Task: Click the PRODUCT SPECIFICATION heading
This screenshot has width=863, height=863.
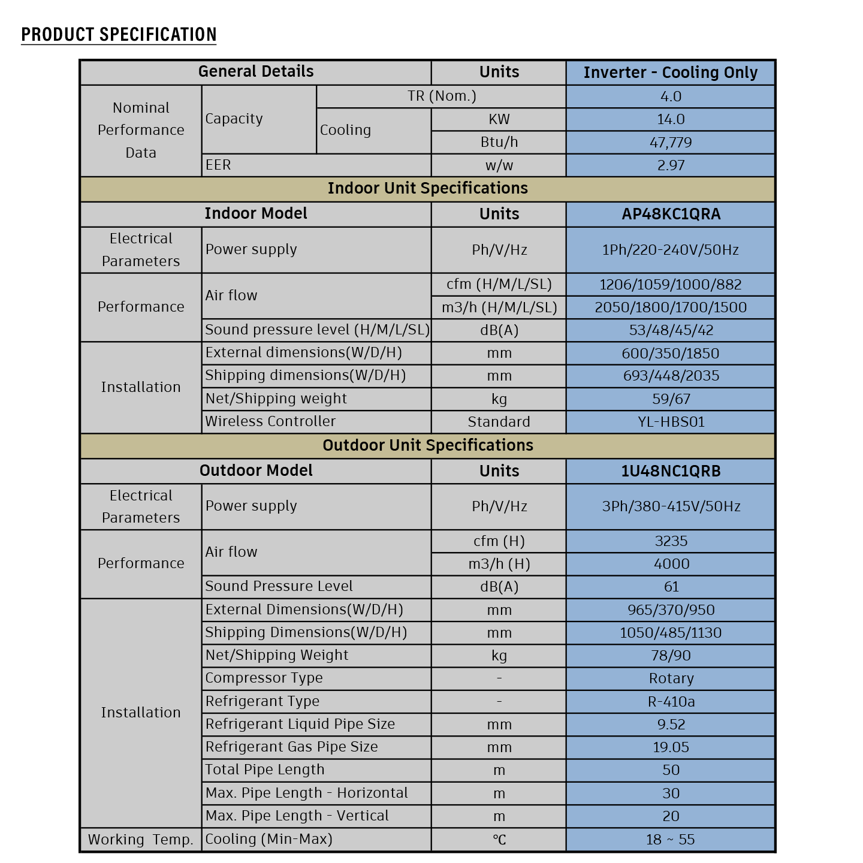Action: (x=119, y=35)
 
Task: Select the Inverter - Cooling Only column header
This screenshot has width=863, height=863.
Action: (x=670, y=73)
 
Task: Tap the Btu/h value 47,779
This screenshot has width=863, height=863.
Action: (x=670, y=143)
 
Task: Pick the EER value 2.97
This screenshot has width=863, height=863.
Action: (x=670, y=165)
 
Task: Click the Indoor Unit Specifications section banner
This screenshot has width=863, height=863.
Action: (x=427, y=188)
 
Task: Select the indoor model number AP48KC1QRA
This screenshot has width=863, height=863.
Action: (x=670, y=214)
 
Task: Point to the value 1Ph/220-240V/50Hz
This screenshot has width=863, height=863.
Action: (x=670, y=250)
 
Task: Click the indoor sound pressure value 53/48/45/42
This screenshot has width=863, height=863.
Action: (x=670, y=330)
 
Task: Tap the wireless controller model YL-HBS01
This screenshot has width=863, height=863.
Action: (x=670, y=422)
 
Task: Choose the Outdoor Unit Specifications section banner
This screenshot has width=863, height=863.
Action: (x=427, y=445)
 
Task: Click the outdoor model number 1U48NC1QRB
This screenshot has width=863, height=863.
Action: (x=670, y=471)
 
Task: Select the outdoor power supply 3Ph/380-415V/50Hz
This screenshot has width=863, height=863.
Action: (x=670, y=506)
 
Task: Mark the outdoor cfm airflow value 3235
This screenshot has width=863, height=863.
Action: (x=670, y=541)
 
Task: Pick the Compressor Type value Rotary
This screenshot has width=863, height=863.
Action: (x=670, y=678)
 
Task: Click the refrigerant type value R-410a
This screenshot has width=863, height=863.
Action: (x=670, y=701)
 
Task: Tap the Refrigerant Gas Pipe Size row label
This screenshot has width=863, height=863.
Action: (x=291, y=747)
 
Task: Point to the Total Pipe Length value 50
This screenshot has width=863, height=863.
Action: (x=670, y=770)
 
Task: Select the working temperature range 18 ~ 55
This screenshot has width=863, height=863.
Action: (x=670, y=840)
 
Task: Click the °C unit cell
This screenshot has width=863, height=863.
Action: (x=499, y=840)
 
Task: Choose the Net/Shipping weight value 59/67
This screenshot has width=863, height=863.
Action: (x=670, y=399)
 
